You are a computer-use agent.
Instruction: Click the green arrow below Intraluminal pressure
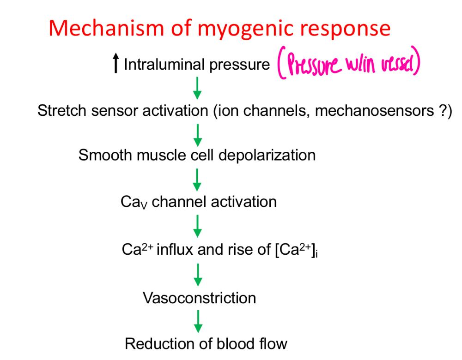[197, 88]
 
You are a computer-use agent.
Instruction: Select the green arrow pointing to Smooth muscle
[197, 134]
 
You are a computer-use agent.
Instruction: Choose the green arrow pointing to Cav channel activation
[197, 179]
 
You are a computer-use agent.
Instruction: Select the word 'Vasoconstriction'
[199, 298]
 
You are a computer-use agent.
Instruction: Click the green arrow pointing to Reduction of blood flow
[197, 321]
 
